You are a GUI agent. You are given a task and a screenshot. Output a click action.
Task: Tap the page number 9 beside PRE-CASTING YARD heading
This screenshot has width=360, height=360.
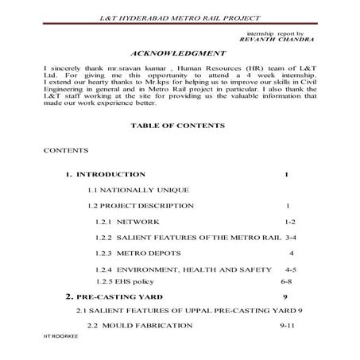point(284,296)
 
